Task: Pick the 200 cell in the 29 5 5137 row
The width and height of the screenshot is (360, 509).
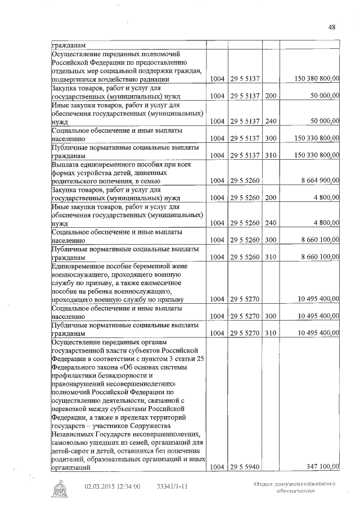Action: coord(270,96)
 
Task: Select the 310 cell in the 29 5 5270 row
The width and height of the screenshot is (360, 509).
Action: coord(270,333)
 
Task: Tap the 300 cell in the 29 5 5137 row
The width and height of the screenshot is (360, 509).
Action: coord(270,137)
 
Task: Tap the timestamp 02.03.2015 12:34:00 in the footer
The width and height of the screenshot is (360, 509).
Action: coord(112,487)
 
